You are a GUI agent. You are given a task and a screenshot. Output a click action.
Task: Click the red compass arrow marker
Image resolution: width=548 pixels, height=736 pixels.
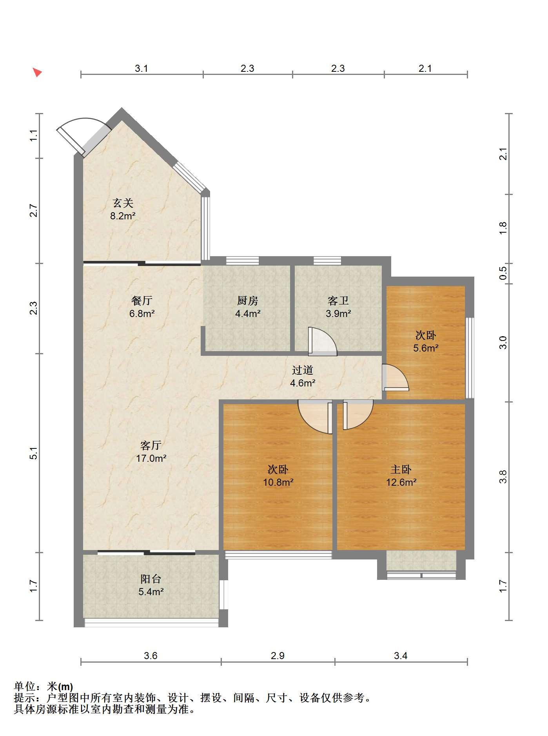coord(37,72)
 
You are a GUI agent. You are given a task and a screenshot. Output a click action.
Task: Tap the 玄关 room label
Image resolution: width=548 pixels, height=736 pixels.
coord(123,203)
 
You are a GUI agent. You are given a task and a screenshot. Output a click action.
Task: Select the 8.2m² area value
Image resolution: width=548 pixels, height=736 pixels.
coord(123,216)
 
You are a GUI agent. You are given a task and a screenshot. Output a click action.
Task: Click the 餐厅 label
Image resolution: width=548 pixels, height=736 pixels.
coord(142,301)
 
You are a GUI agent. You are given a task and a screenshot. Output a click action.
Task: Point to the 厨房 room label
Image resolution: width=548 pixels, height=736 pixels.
coord(248,301)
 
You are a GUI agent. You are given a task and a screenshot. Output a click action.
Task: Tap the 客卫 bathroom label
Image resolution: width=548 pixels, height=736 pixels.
coord(338,301)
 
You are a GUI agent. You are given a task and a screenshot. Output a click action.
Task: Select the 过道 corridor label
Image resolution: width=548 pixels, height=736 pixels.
coord(303,370)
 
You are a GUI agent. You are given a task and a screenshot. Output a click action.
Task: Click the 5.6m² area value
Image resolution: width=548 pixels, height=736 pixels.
coord(426,348)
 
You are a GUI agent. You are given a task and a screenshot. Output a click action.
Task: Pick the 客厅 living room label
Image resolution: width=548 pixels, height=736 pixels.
coord(151,445)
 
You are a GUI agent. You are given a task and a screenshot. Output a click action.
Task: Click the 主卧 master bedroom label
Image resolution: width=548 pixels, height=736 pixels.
coord(401,469)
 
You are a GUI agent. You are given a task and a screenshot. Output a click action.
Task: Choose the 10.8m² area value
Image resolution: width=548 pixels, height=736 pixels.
coord(278,482)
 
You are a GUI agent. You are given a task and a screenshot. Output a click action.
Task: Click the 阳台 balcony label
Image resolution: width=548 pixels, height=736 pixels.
coord(151,579)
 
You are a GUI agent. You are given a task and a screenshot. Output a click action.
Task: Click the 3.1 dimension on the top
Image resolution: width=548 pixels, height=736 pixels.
coord(142,69)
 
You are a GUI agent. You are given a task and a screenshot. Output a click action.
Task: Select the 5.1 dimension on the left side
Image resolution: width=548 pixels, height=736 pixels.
coord(34,453)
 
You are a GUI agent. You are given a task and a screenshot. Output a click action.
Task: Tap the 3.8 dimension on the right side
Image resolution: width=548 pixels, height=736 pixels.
coord(503,477)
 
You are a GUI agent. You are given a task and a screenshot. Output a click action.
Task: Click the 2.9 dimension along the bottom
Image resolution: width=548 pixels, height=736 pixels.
coord(278,656)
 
